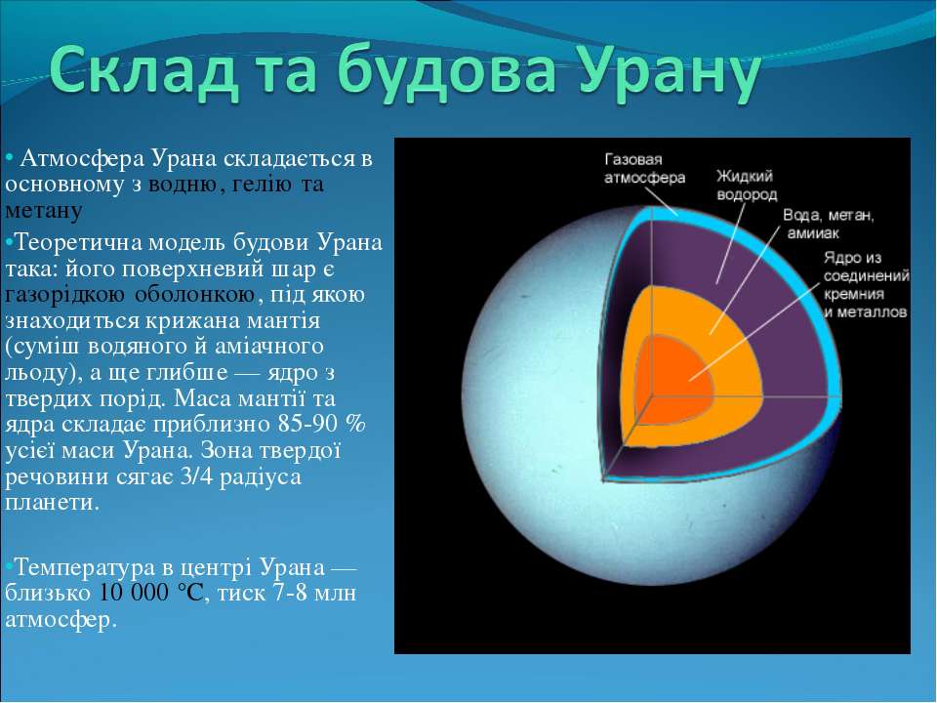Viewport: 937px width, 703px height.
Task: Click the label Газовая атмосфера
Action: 644,169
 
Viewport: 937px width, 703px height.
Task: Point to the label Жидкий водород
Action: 747,186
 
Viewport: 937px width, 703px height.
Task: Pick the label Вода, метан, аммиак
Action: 829,224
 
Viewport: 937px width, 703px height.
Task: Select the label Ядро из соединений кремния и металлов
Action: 866,284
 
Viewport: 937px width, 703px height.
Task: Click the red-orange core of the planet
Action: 675,383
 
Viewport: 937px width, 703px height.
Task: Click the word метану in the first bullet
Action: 43,211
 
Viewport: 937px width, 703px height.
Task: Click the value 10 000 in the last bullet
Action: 134,593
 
